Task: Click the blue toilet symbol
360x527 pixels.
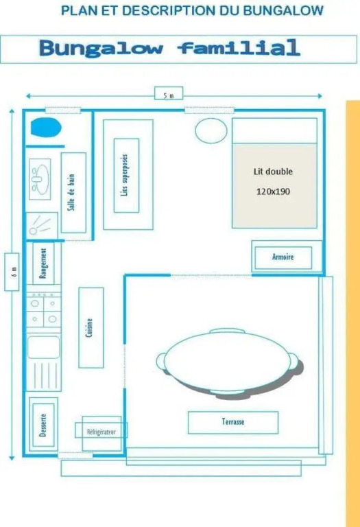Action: point(46,128)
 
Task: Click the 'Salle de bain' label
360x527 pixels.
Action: point(71,192)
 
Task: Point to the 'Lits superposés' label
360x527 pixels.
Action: point(125,175)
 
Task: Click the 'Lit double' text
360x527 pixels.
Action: point(273,172)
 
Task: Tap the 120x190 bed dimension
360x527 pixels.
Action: point(273,191)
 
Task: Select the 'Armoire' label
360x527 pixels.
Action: point(283,257)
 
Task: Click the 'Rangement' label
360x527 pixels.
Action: point(43,263)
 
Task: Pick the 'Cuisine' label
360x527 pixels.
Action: point(89,328)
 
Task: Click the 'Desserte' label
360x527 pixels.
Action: point(43,425)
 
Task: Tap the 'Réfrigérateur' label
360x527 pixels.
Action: point(101,432)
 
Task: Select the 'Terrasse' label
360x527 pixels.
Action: point(233,421)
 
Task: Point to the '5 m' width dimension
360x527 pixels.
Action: point(169,95)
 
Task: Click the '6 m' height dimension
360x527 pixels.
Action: point(14,272)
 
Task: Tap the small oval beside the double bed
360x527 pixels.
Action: point(211,131)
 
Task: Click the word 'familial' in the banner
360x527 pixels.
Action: point(239,47)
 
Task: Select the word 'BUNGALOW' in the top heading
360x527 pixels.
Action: point(283,11)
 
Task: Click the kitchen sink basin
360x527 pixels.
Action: point(44,347)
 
